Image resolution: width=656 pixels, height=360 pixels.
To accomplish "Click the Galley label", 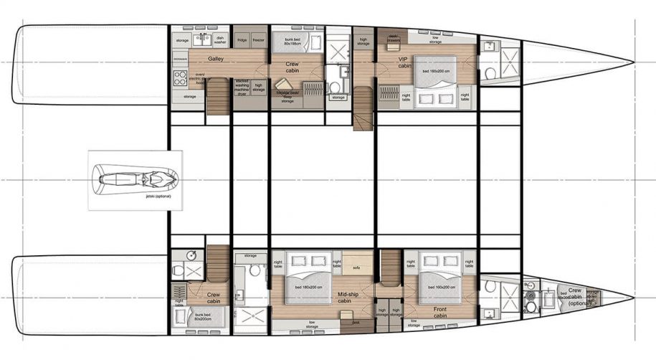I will tap(214, 59).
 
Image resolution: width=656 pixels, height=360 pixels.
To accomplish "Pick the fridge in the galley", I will tap(242, 40).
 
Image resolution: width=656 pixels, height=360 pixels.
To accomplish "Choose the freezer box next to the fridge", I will tap(258, 40).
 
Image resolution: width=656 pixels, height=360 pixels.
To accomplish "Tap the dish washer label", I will tap(220, 41).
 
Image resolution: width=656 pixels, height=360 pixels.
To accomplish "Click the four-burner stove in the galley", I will tap(179, 77).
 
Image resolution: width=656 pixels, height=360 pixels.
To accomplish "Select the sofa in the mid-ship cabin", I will tap(356, 268).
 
